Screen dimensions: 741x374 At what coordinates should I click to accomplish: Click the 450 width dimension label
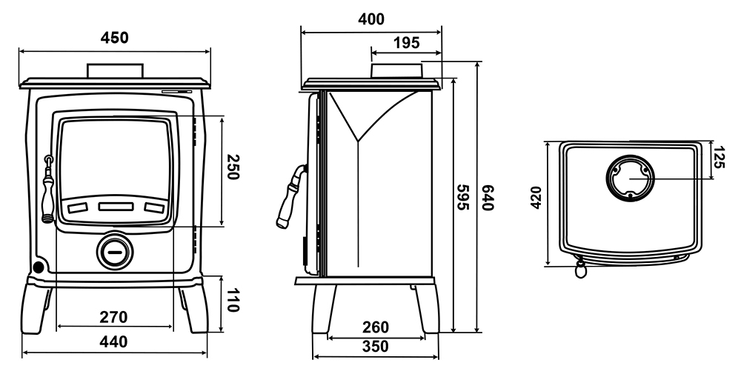[x=114, y=38]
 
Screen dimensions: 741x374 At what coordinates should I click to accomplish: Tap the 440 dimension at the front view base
[x=113, y=341]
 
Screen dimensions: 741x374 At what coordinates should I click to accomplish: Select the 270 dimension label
[x=113, y=317]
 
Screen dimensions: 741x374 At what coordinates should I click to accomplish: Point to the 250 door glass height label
[x=232, y=167]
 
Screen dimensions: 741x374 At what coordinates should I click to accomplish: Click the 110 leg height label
[x=231, y=301]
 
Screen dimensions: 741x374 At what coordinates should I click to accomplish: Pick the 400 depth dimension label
[x=371, y=19]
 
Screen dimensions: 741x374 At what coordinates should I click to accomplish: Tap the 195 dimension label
[x=406, y=43]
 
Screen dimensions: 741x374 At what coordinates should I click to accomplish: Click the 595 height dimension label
[x=463, y=198]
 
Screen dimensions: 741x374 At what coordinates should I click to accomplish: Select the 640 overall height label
[x=488, y=198]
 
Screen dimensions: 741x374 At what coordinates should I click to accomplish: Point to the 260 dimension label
[x=376, y=327]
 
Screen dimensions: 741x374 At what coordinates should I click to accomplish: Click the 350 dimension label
[x=376, y=347]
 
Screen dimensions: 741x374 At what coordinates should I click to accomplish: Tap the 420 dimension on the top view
[x=536, y=198]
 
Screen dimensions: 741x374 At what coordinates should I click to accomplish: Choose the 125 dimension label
[x=718, y=158]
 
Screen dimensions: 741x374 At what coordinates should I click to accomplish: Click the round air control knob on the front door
[x=114, y=252]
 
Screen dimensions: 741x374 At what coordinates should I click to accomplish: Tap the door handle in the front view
[x=47, y=190]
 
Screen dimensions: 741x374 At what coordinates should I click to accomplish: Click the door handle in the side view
[x=290, y=196]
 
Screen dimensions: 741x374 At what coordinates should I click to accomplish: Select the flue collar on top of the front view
[x=114, y=71]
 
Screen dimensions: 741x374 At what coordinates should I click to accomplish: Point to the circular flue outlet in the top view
[x=631, y=178]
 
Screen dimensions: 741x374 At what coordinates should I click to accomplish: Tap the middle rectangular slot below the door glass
[x=116, y=207]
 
